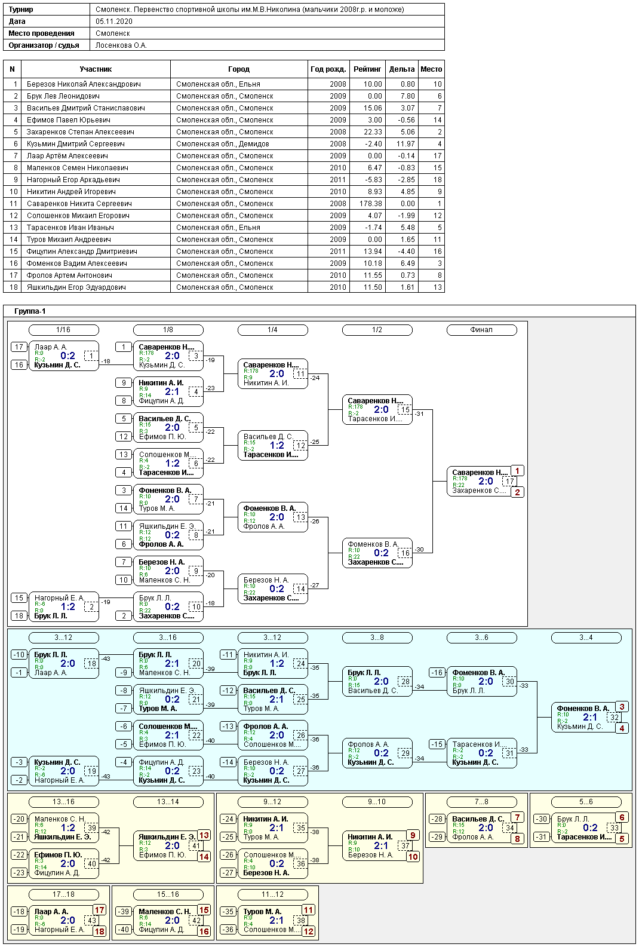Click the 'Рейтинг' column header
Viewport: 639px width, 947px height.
[367, 69]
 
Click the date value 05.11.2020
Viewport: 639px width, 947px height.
[114, 22]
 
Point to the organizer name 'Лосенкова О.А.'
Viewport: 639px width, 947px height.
[121, 45]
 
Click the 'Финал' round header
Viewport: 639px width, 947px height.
[481, 330]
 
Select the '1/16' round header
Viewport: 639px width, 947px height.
[63, 330]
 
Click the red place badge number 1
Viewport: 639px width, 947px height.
[517, 471]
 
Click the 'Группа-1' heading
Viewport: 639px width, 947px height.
[30, 311]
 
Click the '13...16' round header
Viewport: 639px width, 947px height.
[63, 802]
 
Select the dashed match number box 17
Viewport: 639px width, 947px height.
[509, 481]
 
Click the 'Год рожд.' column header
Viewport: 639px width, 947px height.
[328, 69]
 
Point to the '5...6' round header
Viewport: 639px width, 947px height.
[586, 802]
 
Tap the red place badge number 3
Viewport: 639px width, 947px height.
[622, 707]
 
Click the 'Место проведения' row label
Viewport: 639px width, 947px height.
[41, 33]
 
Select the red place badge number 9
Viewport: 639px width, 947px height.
[413, 835]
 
